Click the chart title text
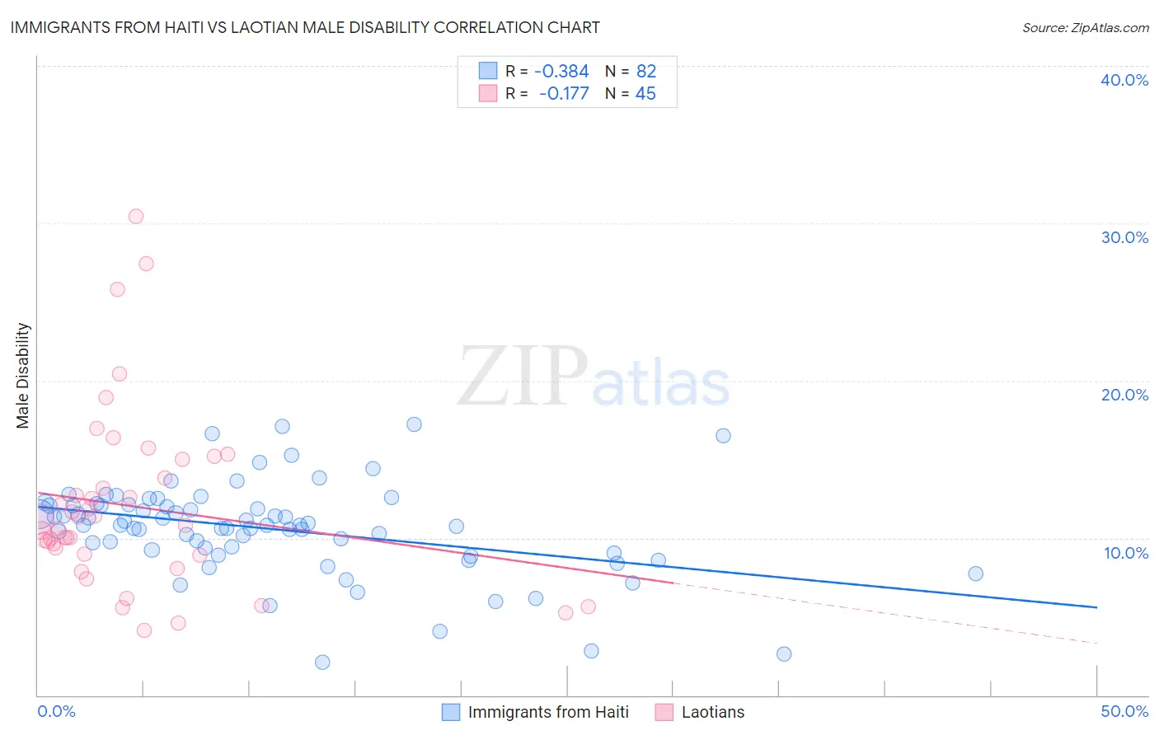click(305, 27)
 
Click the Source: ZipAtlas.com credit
click(1085, 27)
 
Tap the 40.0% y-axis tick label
click(1124, 80)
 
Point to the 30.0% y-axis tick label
click(1124, 237)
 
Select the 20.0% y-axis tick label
click(1124, 395)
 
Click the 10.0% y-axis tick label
click(1125, 553)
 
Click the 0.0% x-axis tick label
click(56, 711)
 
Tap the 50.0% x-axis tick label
click(1124, 711)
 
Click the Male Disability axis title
click(23, 375)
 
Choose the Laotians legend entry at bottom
click(712, 712)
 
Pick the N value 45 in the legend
click(645, 94)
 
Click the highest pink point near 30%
click(136, 217)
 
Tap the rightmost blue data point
click(975, 573)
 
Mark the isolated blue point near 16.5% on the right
click(723, 436)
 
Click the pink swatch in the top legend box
click(488, 93)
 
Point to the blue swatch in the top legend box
click(488, 71)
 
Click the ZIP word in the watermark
click(523, 377)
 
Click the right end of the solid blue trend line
click(1096, 607)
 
